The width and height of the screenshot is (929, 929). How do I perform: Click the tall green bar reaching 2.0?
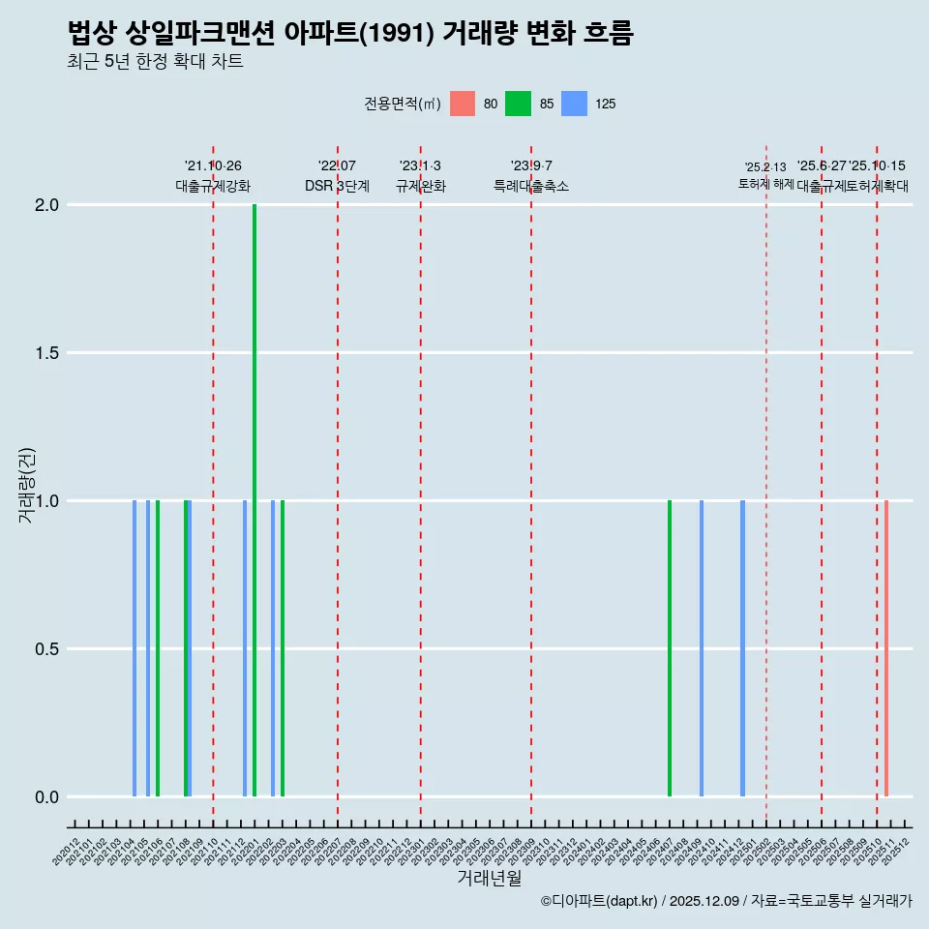255,500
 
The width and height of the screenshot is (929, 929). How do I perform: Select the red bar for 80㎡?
886,648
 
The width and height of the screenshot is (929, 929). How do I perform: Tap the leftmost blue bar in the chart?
135,648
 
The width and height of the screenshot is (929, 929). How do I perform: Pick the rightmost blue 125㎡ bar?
742,648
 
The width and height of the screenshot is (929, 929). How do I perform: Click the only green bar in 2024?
670,648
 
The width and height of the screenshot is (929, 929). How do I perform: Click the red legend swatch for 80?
463,104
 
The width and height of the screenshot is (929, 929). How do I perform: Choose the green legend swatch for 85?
518,104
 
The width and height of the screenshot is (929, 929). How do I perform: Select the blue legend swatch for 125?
575,104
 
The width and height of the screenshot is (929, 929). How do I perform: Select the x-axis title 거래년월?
489,879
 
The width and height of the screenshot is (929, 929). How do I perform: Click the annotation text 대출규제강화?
213,186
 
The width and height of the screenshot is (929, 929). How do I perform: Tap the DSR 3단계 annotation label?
337,186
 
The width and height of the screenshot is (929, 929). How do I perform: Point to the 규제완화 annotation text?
420,186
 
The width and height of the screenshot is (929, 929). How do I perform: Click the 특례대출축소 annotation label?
530,186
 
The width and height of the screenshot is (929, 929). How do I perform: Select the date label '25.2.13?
765,167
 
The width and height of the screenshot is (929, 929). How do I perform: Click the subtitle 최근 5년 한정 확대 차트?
155,62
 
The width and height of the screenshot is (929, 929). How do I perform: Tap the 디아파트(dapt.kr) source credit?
600,901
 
